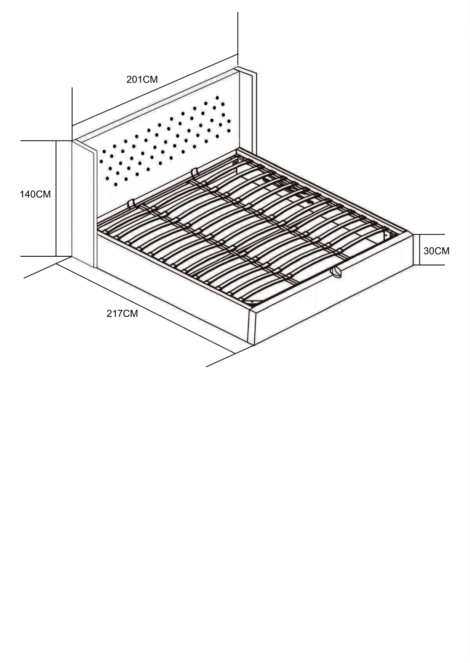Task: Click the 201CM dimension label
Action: click(x=142, y=80)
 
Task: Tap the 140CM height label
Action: click(x=35, y=194)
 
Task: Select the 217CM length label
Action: click(x=122, y=314)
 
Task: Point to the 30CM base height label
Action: click(x=436, y=251)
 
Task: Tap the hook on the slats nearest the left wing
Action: click(x=131, y=204)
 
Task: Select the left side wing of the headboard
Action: click(x=84, y=204)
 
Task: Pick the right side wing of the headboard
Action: click(x=247, y=112)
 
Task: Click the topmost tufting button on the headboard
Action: click(x=217, y=98)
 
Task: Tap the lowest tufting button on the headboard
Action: click(x=116, y=184)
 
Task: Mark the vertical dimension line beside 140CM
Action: click(x=56, y=199)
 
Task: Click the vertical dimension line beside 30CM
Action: click(x=420, y=249)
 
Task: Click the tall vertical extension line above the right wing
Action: click(x=238, y=39)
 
